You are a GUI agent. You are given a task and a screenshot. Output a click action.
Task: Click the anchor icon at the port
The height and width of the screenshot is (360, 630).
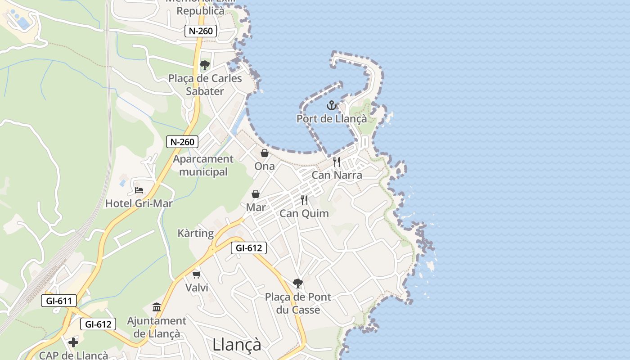332,106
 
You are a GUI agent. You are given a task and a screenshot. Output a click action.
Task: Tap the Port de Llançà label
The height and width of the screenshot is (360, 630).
332,119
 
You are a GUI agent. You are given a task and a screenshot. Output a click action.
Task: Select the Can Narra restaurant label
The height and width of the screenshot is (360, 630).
337,175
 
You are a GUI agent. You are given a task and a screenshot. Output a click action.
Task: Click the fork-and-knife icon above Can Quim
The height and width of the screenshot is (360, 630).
304,200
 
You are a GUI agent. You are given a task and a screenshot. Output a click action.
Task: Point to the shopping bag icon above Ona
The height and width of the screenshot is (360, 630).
265,153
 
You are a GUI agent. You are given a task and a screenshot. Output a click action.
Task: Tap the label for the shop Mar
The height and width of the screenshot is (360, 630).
256,207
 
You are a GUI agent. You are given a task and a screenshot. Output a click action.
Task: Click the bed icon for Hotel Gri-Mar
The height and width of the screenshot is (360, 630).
139,190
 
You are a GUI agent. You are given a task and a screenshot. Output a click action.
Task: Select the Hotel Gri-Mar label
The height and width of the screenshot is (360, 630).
139,203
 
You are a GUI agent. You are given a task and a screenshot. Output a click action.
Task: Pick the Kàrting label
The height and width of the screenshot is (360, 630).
196,233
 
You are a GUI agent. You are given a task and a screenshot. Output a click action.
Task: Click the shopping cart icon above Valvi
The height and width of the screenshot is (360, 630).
196,274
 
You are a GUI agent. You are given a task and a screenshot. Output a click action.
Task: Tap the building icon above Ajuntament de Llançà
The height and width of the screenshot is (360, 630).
157,307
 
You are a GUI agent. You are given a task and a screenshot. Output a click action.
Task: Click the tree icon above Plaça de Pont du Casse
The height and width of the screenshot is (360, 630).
297,283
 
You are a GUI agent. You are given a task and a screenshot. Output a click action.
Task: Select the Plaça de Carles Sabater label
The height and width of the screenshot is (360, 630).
205,85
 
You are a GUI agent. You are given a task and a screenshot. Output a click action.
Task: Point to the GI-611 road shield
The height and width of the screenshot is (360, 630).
59,301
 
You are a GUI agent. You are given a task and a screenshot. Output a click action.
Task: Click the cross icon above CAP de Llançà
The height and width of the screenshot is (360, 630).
73,342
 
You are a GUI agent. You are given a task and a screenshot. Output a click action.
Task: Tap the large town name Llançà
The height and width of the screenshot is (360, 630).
237,344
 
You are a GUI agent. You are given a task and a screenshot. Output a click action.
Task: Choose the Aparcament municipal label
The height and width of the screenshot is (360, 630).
203,165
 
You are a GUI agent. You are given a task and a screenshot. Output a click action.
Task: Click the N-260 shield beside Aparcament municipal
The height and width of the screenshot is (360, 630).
182,142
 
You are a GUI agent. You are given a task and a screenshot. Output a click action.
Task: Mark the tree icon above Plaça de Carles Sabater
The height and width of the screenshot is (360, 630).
205,65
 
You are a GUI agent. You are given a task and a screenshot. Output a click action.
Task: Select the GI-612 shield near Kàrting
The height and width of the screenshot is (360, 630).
249,247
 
